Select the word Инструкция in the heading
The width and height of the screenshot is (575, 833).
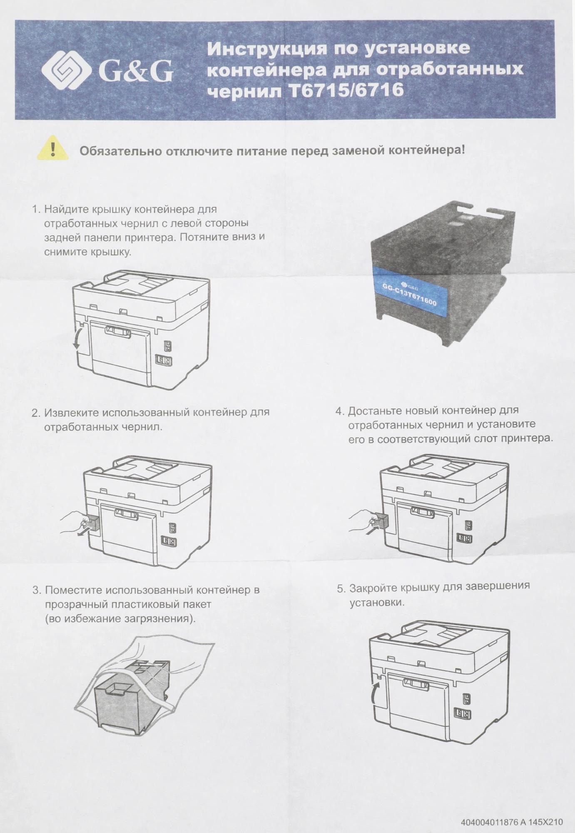pyautogui.click(x=267, y=49)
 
